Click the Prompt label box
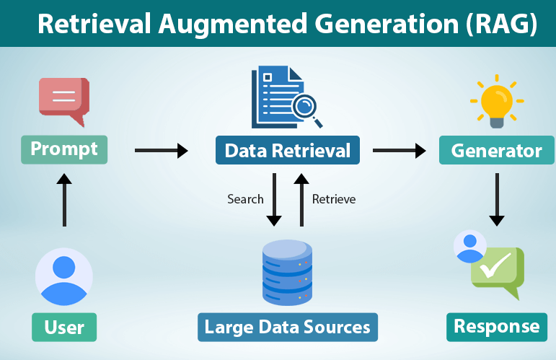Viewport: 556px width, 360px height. [64, 149]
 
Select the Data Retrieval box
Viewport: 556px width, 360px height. [288, 151]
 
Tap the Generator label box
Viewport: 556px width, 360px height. [496, 151]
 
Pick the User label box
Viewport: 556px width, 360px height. [64, 327]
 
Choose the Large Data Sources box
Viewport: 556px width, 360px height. [287, 327]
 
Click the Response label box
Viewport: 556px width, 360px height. [496, 326]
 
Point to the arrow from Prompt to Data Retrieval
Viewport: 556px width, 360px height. [161, 150]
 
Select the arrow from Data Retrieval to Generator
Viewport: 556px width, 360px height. [399, 150]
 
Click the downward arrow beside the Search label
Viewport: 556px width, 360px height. [273, 198]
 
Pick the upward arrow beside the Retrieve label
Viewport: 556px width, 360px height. [301, 198]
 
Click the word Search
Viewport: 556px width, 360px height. [245, 198]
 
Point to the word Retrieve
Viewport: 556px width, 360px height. [334, 198]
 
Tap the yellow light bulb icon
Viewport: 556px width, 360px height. [496, 103]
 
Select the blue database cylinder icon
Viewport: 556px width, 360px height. [287, 272]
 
